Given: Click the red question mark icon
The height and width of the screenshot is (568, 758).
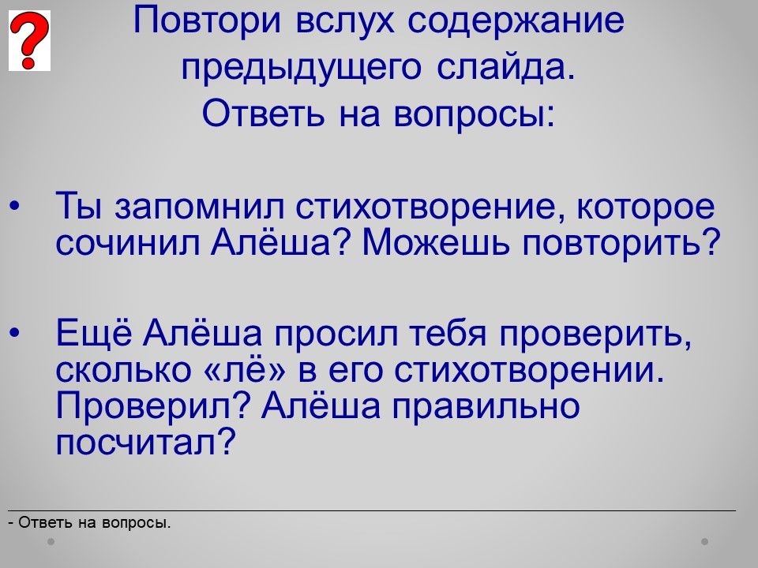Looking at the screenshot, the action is point(29,40).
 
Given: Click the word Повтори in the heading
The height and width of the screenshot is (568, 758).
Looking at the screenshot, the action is point(207,21).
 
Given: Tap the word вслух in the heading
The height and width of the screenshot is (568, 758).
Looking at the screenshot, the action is point(345,21).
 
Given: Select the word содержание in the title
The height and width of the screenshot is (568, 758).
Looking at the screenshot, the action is point(516,22).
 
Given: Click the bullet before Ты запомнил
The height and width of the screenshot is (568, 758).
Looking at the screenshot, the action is point(14,206).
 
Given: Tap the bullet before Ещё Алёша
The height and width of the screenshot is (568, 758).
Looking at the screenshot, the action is point(14,333).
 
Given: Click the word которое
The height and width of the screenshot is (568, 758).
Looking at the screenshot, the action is point(645,207).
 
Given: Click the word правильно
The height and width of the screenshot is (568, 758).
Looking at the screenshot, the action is point(486,405).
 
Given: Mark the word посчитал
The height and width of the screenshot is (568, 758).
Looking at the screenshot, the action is point(145,442).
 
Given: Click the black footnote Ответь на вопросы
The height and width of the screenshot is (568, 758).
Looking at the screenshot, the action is point(90,522).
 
